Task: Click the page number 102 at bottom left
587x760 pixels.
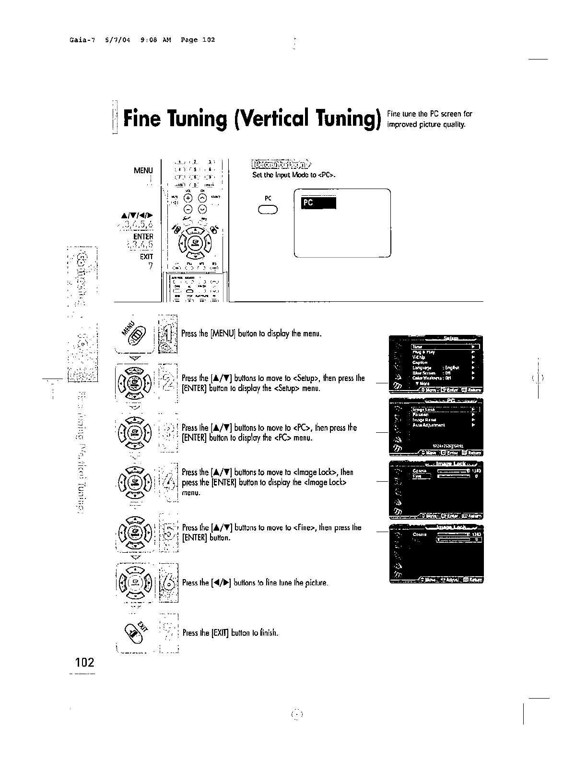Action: [x=85, y=663]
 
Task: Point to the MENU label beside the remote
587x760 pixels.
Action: [x=143, y=170]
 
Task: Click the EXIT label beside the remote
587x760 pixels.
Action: [x=146, y=257]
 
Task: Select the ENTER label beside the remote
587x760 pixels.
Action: [x=143, y=237]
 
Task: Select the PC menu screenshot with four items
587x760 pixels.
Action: [x=436, y=427]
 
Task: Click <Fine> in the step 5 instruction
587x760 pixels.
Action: [x=303, y=528]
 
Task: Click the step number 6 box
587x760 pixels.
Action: [x=168, y=582]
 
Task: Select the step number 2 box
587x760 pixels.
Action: [x=168, y=382]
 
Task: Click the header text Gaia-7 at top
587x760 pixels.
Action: [x=74, y=40]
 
